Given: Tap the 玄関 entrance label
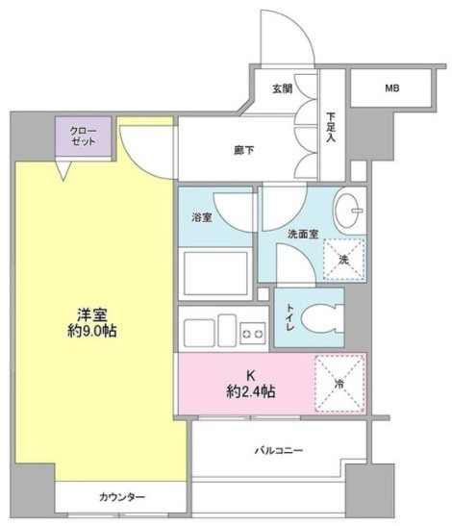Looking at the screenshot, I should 281,89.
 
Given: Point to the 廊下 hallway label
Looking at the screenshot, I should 243,151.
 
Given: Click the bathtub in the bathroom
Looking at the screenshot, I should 215,273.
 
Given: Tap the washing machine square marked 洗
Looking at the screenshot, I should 343,258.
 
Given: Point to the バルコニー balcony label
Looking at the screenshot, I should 280,449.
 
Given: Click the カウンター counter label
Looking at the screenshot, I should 122,497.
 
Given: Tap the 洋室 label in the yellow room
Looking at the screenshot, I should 91,313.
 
